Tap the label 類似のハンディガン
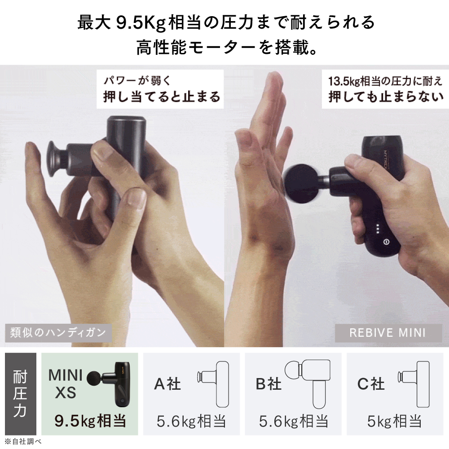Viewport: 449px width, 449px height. pos(58,333)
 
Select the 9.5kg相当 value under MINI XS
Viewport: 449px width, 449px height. pos(90,421)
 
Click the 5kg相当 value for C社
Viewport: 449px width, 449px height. pos(395,421)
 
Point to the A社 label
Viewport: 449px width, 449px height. pos(167,384)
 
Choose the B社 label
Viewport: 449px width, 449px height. pos(269,384)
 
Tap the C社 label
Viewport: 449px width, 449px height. pos(371,384)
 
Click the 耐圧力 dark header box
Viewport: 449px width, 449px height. pos(20,394)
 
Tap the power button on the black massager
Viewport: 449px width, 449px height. pos(385,241)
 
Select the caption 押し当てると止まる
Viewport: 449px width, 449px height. pos(162,97)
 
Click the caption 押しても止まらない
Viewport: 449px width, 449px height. pos(386,97)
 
